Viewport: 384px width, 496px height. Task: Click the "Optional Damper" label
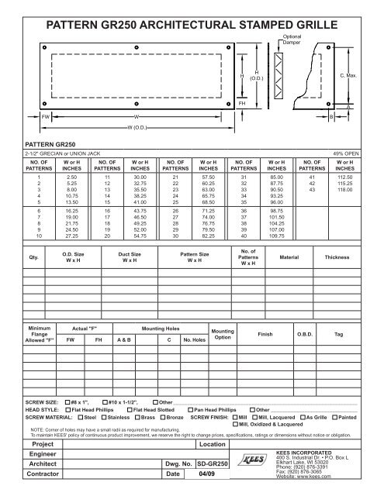[x=293, y=39]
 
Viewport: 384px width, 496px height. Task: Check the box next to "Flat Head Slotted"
[x=130, y=411]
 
